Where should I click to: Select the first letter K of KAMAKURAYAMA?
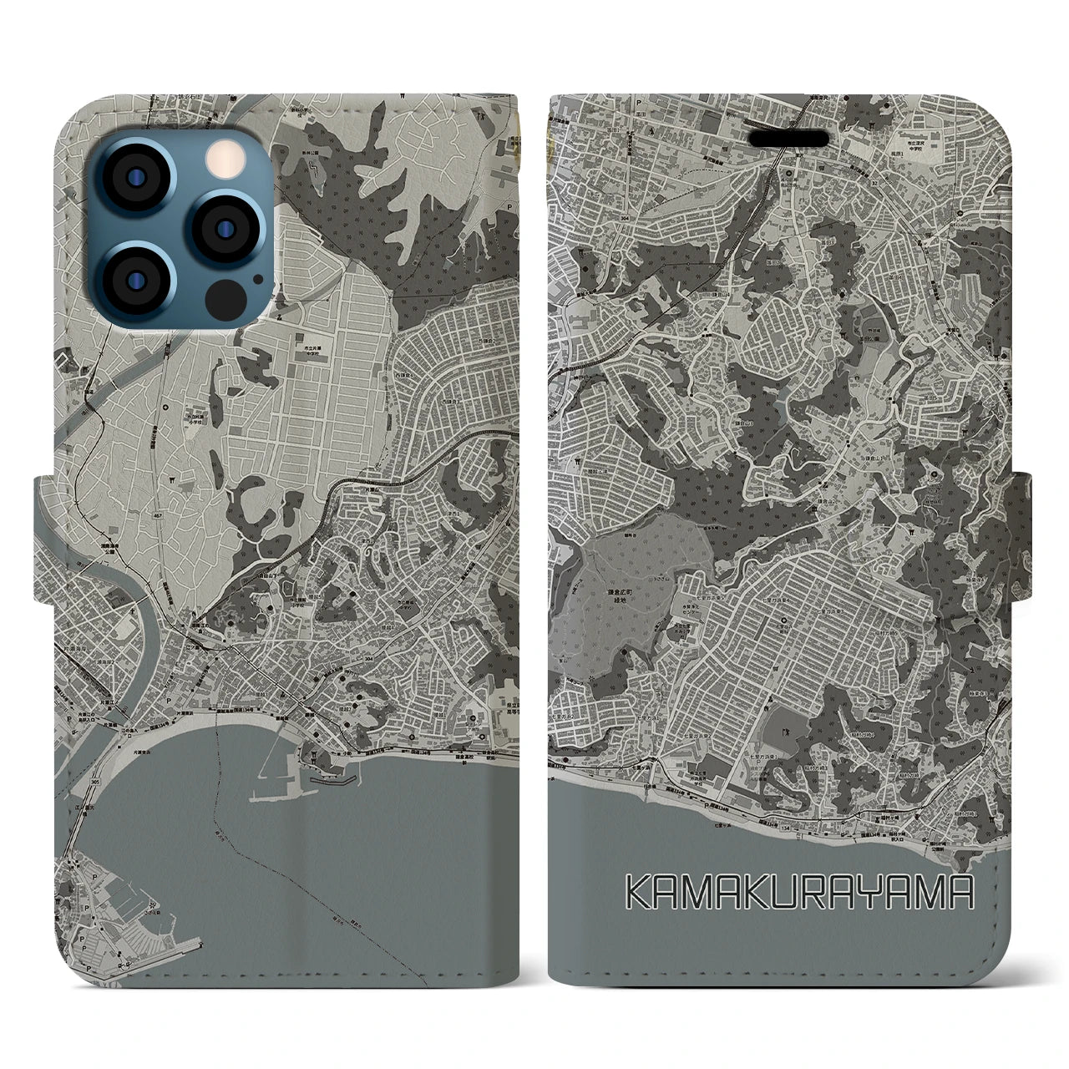(640, 894)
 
